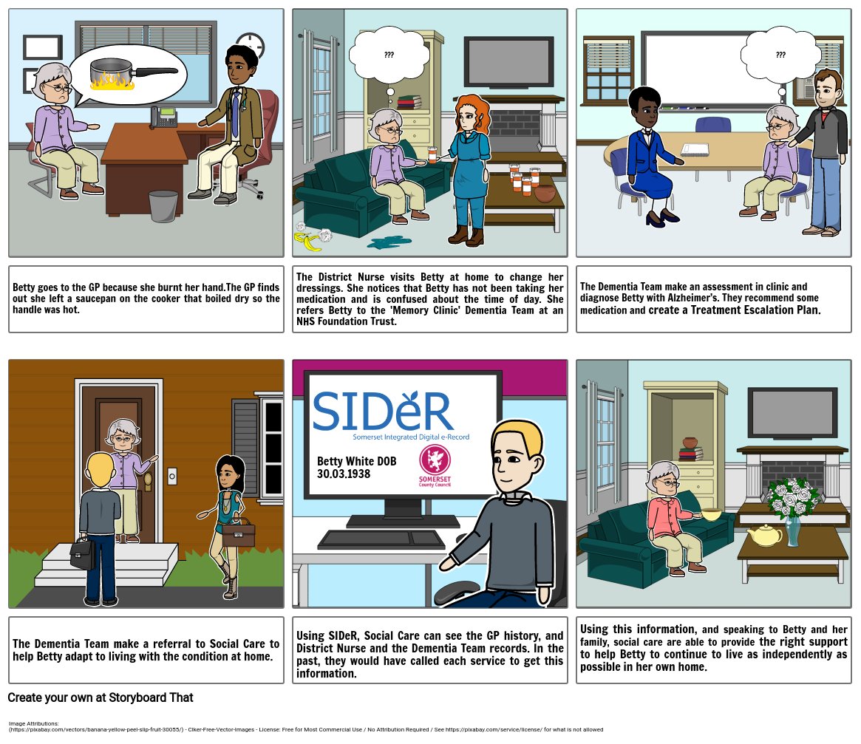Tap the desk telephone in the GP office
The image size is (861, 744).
pos(164,117)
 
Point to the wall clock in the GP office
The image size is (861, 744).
pos(250,47)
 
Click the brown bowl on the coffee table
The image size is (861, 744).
pos(548,193)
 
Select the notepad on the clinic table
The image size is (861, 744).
pos(695,149)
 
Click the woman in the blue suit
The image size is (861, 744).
pos(648,155)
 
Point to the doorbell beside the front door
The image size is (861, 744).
pos(172,477)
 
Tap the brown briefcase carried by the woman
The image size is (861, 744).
pos(238,535)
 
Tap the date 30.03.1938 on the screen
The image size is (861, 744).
pos(344,474)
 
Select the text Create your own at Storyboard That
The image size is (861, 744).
pos(101,697)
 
